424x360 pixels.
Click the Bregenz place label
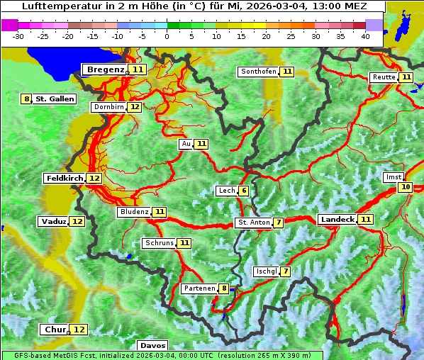pos(106,69)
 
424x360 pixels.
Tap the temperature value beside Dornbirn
pos(135,107)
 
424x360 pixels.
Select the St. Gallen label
pos(55,99)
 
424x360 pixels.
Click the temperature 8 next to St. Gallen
pos(27,99)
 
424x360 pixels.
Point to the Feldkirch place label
pos(64,179)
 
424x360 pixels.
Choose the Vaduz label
pos(53,222)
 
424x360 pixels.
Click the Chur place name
pos(55,330)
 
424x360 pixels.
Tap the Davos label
pos(152,346)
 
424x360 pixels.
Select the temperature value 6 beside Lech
pos(243,191)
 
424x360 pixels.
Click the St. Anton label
pos(253,223)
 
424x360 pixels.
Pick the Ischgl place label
pos(265,271)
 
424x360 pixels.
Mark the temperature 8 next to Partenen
pos(224,288)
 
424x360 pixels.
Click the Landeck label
pos(337,220)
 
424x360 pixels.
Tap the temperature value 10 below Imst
pos(405,187)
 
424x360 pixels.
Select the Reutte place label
pos(383,77)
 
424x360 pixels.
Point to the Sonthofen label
pos(258,72)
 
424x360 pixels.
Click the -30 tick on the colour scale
pos(18,36)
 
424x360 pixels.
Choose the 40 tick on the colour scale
pos(364,36)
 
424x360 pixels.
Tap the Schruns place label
pos(159,243)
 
